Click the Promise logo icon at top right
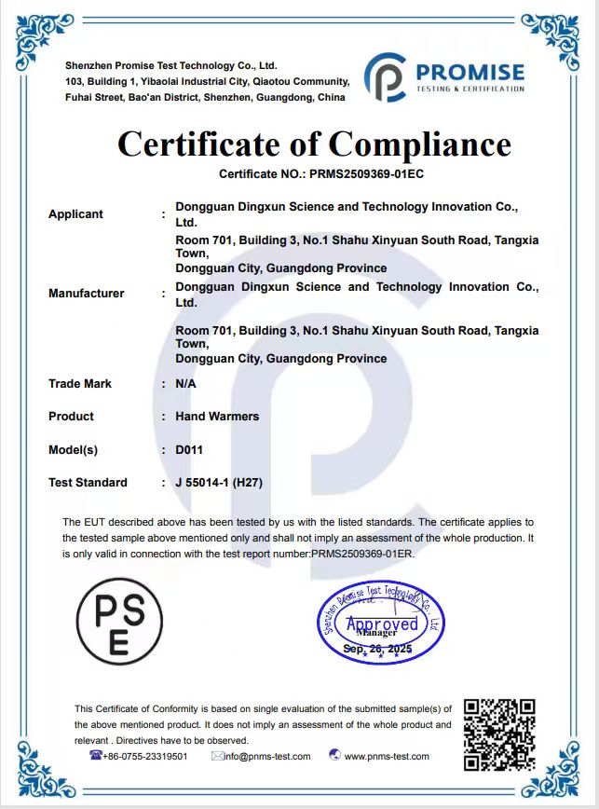tap(385, 77)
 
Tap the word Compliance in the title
tap(419, 144)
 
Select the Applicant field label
tap(75, 214)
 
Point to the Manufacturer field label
tap(86, 294)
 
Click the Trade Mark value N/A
tap(185, 384)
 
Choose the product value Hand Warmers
tap(217, 417)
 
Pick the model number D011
tap(189, 450)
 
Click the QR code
tap(499, 734)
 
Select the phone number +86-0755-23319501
tap(144, 757)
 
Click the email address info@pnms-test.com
tap(267, 757)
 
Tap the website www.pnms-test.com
tap(387, 757)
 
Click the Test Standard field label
tap(88, 483)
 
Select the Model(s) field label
tap(73, 450)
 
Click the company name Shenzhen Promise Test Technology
tap(171, 66)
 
